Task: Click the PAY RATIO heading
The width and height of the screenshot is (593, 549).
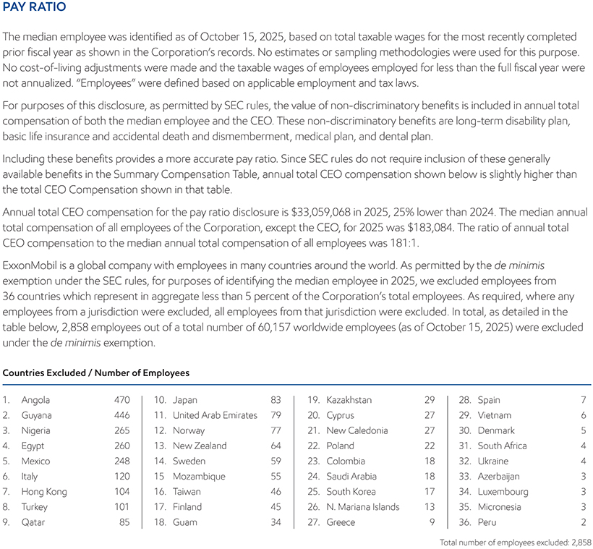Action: (x=35, y=8)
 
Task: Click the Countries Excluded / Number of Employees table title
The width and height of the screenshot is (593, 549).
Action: (x=96, y=373)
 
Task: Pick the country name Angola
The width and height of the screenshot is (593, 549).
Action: (x=36, y=400)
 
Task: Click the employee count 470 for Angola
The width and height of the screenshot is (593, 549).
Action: (x=122, y=400)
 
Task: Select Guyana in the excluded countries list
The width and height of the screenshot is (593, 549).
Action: (x=37, y=415)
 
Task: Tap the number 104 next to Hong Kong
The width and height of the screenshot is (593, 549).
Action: (x=122, y=492)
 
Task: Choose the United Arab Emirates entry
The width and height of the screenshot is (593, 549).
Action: (x=215, y=415)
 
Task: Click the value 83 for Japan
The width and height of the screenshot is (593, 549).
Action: (x=276, y=400)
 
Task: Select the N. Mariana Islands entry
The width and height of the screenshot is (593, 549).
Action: (x=362, y=507)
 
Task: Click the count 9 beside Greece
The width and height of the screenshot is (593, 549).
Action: (x=432, y=522)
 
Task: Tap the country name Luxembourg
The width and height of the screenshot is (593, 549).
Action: (x=504, y=492)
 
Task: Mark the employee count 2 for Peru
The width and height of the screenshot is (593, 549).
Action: (x=583, y=522)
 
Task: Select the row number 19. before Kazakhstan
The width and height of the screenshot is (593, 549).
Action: (x=314, y=400)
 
